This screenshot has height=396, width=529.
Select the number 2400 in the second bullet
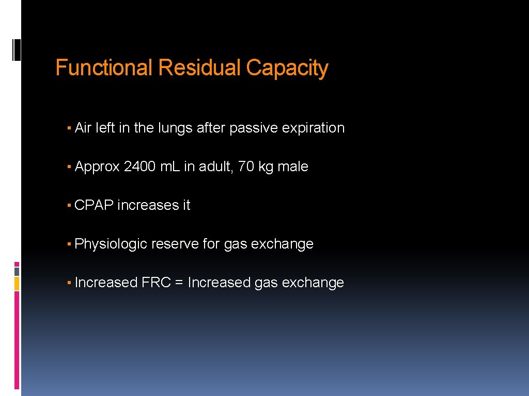139,167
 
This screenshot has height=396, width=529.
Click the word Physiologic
111,244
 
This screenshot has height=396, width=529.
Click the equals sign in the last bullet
179,283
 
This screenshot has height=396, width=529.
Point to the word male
293,167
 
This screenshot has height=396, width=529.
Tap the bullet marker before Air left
69,128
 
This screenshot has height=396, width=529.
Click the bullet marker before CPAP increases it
69,205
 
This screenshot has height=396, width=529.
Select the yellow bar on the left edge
17,283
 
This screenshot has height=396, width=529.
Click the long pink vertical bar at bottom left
17,340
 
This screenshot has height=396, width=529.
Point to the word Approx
97,167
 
